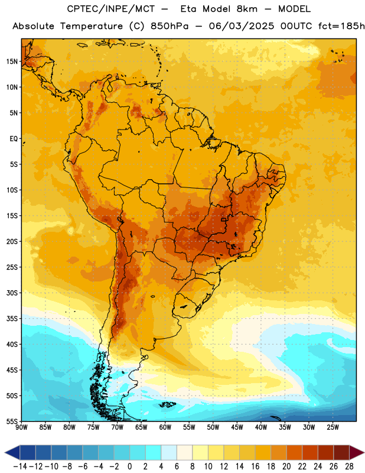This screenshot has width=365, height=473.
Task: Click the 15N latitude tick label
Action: [12, 61]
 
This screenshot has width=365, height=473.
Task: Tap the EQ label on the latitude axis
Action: [14, 139]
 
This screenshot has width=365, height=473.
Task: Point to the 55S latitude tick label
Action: [12, 422]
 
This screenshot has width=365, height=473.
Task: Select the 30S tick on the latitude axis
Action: [12, 293]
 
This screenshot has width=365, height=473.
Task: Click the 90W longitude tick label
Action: [22, 427]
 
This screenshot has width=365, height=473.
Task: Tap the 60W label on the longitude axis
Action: [165, 427]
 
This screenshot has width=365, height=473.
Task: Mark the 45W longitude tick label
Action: [237, 427]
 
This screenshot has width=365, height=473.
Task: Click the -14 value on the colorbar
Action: [20, 466]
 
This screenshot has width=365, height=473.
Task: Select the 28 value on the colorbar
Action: [349, 466]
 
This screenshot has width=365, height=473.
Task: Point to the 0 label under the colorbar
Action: [129, 466]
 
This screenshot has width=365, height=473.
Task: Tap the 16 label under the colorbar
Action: [255, 466]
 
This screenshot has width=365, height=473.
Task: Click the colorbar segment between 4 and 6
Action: [169, 452]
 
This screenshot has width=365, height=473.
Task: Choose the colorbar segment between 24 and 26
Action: [325, 452]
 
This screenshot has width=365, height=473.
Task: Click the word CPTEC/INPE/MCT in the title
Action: [111, 9]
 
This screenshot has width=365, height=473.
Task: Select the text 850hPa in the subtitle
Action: [170, 26]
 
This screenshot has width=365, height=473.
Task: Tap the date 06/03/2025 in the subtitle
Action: [242, 26]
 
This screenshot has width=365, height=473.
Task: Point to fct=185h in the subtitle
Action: [341, 26]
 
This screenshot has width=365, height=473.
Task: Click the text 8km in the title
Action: [247, 9]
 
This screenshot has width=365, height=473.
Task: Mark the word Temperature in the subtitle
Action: [92, 27]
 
